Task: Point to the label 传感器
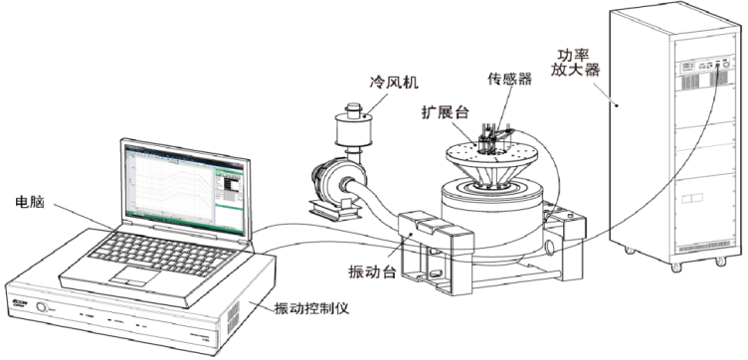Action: click(x=508, y=80)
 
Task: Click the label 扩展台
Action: click(x=443, y=111)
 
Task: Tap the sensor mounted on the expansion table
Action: click(x=488, y=137)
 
